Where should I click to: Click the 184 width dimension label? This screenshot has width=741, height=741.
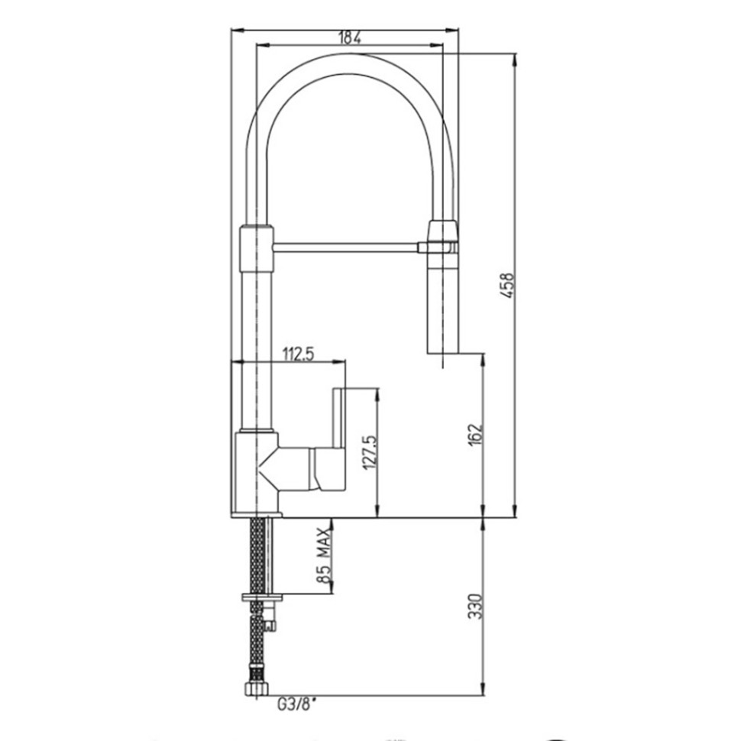coord(350,37)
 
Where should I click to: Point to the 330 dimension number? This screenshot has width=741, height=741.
coord(477,607)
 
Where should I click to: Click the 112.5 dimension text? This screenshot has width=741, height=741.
coord(298,354)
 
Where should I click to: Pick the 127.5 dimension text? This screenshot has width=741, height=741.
coord(370,452)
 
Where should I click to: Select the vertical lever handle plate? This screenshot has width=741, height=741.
coord(340,419)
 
